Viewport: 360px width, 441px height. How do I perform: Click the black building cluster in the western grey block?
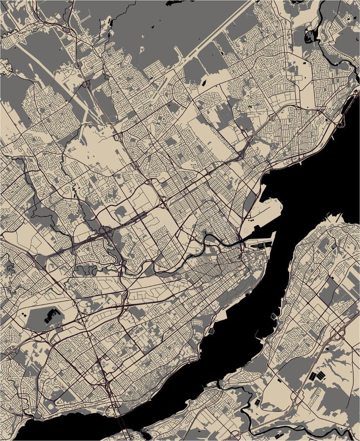click(53, 316)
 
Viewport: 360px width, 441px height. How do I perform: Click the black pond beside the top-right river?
click(310, 35)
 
